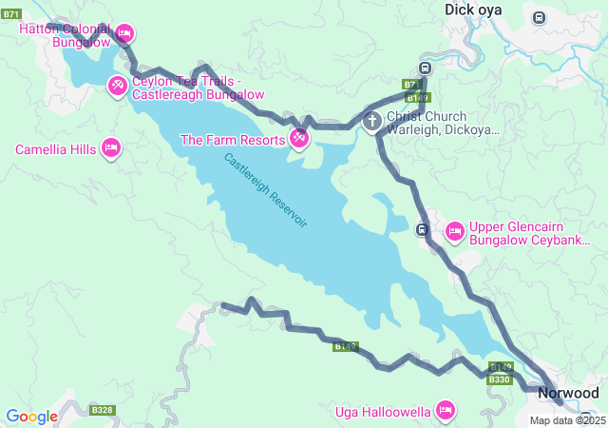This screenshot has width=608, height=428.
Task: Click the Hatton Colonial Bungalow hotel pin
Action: tap(123, 35)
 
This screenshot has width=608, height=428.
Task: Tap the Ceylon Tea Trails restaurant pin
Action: tap(117, 87)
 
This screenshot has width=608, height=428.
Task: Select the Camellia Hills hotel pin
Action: tap(111, 148)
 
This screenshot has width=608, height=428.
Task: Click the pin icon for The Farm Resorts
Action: tap(299, 140)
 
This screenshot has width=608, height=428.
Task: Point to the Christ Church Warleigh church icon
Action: tap(371, 121)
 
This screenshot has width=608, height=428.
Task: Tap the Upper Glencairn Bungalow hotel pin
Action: tap(454, 230)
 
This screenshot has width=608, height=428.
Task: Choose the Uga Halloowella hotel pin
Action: tap(445, 411)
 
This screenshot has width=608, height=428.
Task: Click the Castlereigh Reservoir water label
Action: tap(266, 190)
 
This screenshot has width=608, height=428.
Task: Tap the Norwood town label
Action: tap(568, 393)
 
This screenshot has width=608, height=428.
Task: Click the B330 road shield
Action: tap(500, 379)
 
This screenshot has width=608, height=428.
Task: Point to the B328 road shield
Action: tap(102, 410)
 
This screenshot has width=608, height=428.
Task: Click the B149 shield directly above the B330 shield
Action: tap(501, 367)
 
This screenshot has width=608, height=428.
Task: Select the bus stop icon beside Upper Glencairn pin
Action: tap(423, 228)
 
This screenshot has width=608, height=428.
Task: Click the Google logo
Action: tap(31, 416)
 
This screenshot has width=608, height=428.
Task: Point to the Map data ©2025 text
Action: tap(567, 420)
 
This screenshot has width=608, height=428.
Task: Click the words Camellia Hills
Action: tap(55, 149)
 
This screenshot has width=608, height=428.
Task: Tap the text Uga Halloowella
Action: tap(383, 412)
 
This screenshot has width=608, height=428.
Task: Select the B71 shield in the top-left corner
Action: tap(11, 13)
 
